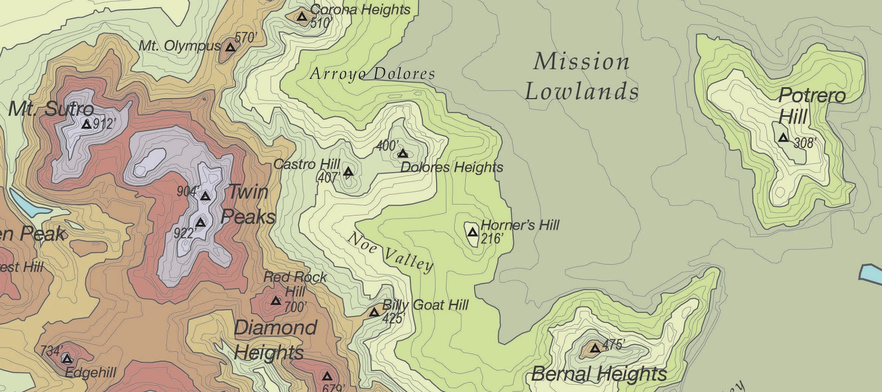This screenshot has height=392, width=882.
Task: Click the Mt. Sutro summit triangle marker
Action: tap(86, 125)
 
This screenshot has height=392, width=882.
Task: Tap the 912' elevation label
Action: tap(105, 124)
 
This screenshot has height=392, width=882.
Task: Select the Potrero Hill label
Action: tap(810, 106)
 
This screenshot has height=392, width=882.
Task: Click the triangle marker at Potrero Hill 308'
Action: tap(783, 138)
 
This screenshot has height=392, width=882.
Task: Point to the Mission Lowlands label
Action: tap(582, 76)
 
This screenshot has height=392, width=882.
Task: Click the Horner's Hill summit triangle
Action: tap(472, 233)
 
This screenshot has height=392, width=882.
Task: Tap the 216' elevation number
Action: tap(492, 239)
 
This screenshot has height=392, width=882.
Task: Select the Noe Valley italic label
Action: tap(390, 251)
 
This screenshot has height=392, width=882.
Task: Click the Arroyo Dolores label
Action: tap(372, 73)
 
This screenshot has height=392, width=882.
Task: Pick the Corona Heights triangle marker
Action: tap(302, 17)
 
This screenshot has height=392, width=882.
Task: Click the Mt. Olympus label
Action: tap(179, 46)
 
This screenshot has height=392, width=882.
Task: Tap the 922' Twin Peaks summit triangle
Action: tap(201, 223)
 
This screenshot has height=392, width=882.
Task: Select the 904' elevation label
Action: tap(187, 191)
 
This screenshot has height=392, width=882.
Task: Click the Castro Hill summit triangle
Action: tap(348, 172)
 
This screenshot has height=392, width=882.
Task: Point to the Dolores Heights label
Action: tap(451, 167)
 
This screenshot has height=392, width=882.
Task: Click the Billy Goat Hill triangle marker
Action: tap(374, 313)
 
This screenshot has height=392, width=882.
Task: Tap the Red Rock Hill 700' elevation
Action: tap(295, 307)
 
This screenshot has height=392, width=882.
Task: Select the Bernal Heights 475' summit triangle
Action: tap(595, 348)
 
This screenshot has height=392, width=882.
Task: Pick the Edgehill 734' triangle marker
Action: tap(67, 359)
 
